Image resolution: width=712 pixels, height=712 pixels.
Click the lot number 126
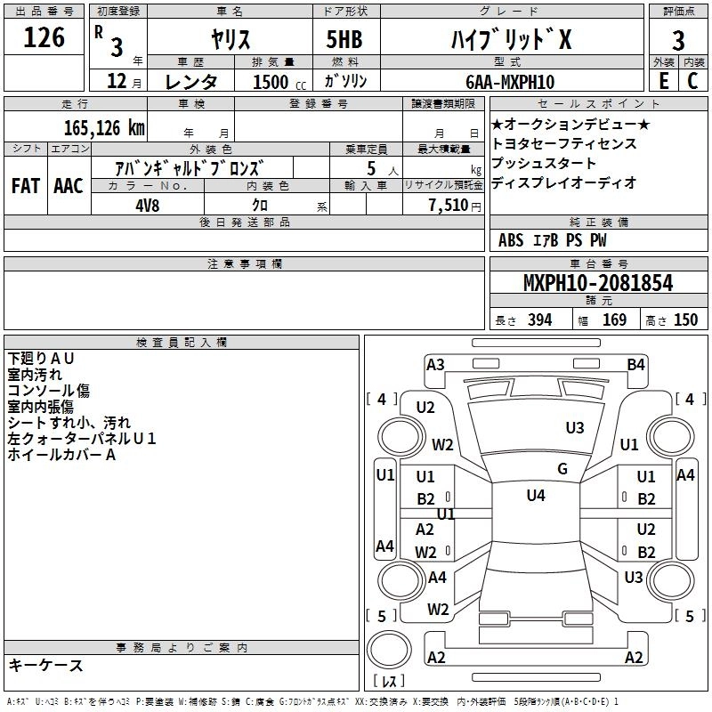click(x=44, y=38)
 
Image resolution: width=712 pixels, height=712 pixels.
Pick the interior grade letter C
click(x=692, y=80)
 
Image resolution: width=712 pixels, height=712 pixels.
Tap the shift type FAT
click(x=25, y=186)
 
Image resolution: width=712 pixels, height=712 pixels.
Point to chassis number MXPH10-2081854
click(x=598, y=284)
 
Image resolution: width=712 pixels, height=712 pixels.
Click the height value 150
click(x=685, y=320)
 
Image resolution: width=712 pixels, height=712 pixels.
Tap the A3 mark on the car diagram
click(x=435, y=364)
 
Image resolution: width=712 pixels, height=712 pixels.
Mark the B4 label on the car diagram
click(x=635, y=364)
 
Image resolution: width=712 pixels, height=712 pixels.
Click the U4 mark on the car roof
click(x=536, y=496)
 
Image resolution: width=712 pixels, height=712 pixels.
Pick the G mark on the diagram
click(x=562, y=469)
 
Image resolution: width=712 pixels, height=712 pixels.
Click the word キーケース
click(x=46, y=666)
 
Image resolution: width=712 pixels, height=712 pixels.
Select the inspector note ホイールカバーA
click(x=62, y=455)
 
